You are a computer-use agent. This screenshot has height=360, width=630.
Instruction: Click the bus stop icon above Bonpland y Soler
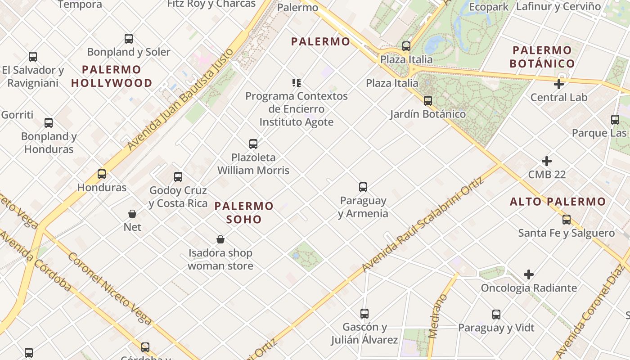click(129, 39)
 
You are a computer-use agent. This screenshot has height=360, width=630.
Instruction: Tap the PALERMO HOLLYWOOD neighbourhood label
click(112, 76)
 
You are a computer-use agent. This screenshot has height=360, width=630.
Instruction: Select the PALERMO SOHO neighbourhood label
click(244, 212)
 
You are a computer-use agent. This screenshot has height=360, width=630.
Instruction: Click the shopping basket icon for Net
click(132, 214)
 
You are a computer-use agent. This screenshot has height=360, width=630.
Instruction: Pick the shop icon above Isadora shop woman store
click(220, 239)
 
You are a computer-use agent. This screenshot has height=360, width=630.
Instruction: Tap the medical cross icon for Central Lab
click(559, 84)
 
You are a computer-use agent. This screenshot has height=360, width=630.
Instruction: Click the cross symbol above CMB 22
click(547, 161)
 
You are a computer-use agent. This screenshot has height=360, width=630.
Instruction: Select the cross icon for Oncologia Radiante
click(529, 274)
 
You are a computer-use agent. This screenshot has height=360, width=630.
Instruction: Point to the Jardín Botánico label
click(427, 114)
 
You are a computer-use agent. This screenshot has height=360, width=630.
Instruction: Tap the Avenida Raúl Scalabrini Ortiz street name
click(423, 225)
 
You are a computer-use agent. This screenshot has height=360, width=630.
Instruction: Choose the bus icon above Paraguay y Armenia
click(363, 187)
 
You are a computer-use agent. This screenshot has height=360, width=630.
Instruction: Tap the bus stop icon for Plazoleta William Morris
click(253, 144)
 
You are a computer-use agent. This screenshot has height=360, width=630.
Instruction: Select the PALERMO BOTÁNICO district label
click(542, 57)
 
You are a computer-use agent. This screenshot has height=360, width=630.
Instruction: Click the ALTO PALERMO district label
click(558, 202)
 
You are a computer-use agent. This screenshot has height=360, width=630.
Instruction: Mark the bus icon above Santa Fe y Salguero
click(567, 220)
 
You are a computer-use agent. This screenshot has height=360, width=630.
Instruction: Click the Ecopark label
click(489, 7)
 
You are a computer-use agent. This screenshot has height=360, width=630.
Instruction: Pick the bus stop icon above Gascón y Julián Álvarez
click(364, 314)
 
